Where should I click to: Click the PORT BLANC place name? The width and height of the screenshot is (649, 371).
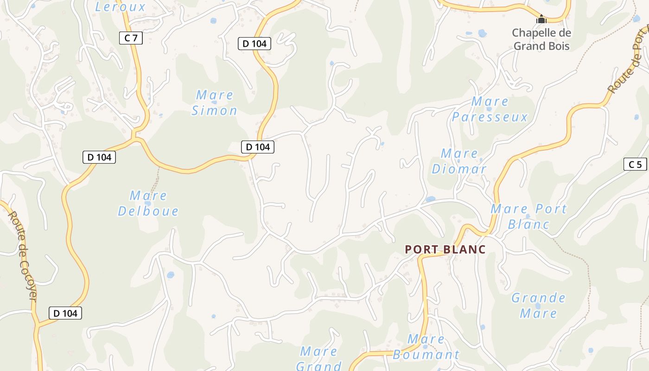tap(445, 249)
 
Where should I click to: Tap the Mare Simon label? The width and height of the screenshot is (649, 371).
tap(214, 103)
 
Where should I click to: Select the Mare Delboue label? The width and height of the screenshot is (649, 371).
tap(148, 203)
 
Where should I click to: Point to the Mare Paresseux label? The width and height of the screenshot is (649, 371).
tap(490, 109)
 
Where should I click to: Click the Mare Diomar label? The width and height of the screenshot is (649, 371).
tap(459, 161)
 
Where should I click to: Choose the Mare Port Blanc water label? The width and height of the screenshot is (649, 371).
tap(528, 216)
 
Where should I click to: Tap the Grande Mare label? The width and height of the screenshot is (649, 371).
tap(538, 305)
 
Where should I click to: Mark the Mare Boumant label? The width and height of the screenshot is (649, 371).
tap(426, 347)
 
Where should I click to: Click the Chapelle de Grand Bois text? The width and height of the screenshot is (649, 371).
tap(541, 39)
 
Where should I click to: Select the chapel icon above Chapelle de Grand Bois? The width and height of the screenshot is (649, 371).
tap(541, 19)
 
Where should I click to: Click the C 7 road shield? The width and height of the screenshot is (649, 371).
tap(131, 38)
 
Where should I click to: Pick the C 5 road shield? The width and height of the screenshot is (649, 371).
tap(635, 164)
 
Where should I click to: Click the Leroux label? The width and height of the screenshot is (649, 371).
tap(120, 6)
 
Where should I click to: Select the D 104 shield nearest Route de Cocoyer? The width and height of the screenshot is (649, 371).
tap(65, 313)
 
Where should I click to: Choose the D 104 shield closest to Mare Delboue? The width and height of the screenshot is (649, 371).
tap(99, 157)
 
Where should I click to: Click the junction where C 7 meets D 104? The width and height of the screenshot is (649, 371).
tap(134, 138)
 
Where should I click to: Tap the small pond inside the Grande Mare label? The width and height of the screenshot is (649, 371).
tap(538, 306)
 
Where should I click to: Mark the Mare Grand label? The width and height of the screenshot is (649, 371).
tap(319, 358)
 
